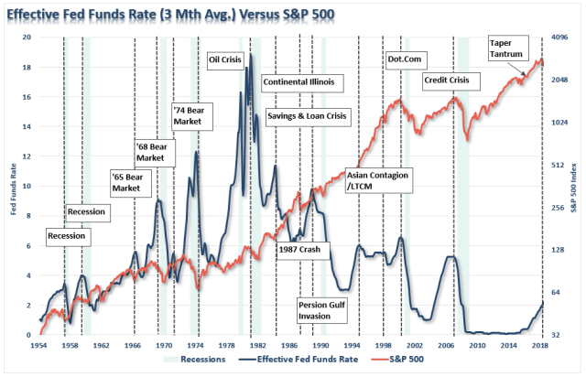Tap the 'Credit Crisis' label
(446, 81)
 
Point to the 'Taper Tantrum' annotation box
(506, 48)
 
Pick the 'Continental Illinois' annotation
(298, 81)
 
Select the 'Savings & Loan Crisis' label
(307, 116)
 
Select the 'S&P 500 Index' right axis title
(577, 188)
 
